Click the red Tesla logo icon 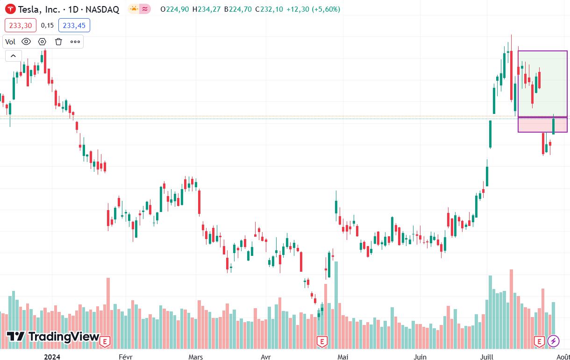pos(9,9)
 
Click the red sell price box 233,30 pos(21,26)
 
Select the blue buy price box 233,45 pos(74,26)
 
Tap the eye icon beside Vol pos(26,42)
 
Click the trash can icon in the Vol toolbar pos(58,42)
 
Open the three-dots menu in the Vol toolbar pos(75,42)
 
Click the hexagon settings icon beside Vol pos(42,42)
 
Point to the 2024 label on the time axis pos(52,357)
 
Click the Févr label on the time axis pos(126,357)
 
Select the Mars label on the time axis pos(195,357)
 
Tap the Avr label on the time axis pos(265,357)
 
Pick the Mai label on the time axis pos(343,357)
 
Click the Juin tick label pos(420,357)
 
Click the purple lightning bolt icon pos(553,341)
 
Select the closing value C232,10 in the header pos(269,9)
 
